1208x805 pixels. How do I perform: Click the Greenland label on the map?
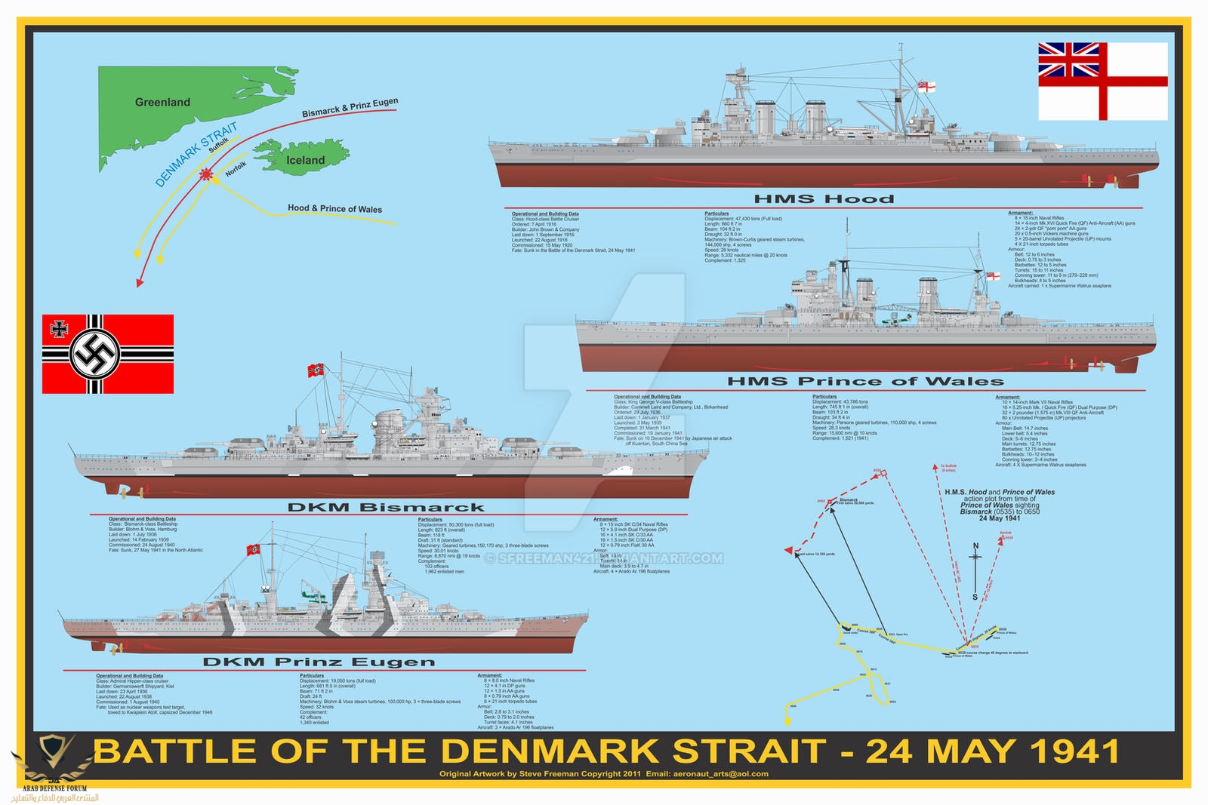[162, 103]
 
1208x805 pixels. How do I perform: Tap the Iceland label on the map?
[305, 160]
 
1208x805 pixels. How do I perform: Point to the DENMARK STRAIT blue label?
[196, 154]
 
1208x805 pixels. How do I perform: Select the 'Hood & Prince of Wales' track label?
[334, 208]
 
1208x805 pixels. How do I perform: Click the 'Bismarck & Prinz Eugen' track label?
[350, 108]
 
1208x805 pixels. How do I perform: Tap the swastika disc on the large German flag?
[95, 354]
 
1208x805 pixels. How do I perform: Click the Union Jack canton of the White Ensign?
[1068, 60]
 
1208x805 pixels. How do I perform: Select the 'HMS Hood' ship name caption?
[824, 199]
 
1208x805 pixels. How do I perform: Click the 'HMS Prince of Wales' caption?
[865, 382]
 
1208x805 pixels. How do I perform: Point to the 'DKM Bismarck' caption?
[385, 508]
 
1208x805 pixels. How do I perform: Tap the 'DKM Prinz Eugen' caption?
[319, 662]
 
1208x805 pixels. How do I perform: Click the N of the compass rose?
[975, 545]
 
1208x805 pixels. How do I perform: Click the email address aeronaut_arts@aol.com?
[720, 773]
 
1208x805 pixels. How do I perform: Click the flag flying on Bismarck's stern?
[316, 370]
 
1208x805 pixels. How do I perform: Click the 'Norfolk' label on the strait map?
[236, 169]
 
